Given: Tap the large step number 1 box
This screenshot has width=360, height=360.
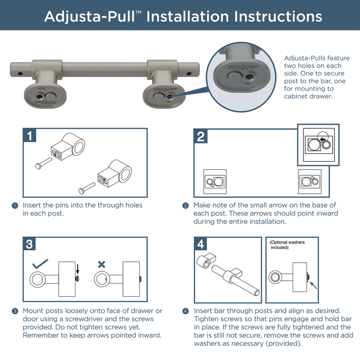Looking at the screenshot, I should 29,136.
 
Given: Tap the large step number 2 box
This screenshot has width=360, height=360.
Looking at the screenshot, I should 201,136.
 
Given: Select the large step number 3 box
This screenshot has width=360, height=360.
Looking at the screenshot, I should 29,244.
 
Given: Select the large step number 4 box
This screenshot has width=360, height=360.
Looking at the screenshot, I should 201,244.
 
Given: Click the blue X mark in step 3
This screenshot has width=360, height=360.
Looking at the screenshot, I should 102,264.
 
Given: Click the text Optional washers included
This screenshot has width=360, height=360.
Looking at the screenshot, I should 287,245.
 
